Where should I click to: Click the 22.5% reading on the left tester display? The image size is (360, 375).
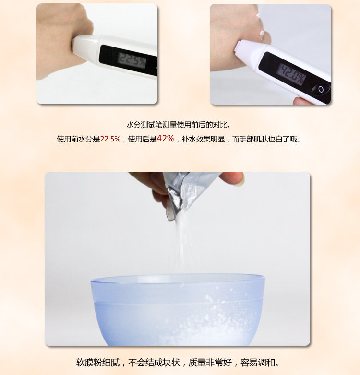(x=132, y=60)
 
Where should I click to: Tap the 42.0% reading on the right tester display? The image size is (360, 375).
(x=292, y=74)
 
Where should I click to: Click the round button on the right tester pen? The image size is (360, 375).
(x=321, y=90)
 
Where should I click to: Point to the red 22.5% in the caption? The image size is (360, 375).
(x=110, y=139)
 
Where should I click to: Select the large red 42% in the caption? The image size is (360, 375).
(x=166, y=138)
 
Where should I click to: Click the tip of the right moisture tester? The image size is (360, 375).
(x=238, y=46)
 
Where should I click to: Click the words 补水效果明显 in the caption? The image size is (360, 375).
(x=203, y=139)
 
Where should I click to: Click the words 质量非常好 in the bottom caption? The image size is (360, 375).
(x=210, y=363)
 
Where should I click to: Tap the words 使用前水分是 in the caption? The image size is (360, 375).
(x=78, y=139)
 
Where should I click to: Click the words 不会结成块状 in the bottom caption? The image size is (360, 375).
(x=154, y=363)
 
